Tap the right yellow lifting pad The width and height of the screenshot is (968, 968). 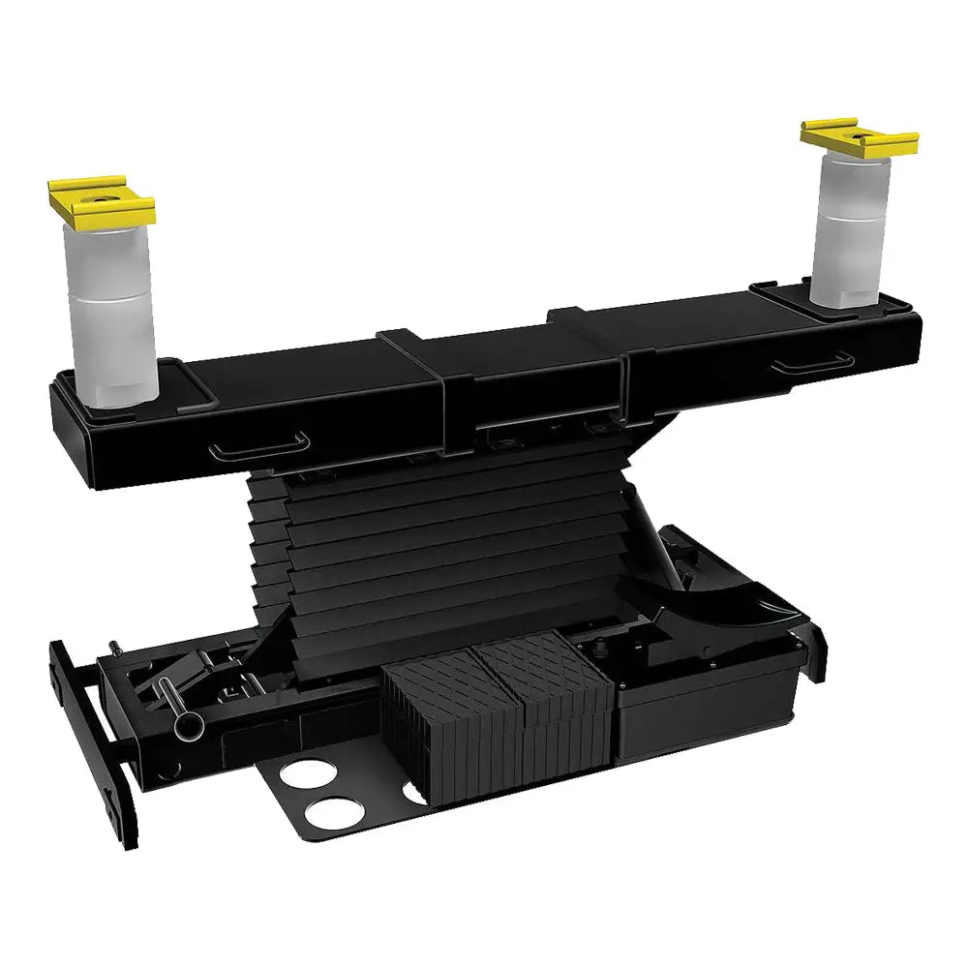[860, 138]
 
